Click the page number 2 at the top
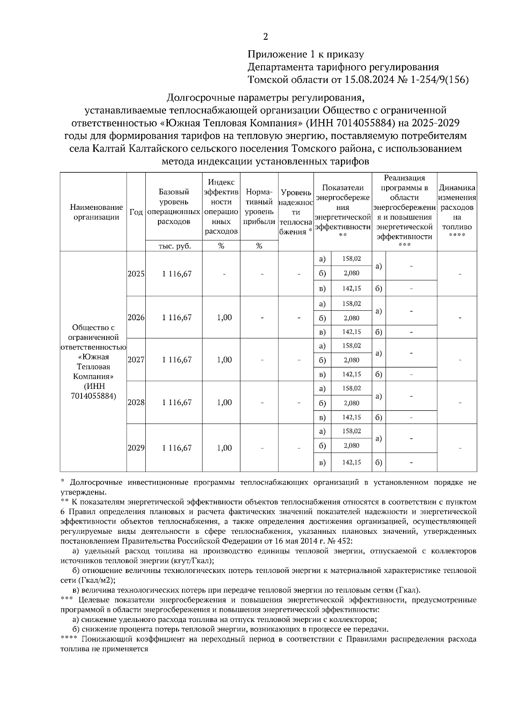(x=265, y=37)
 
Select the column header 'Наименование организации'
(x=96, y=212)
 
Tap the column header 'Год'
(x=136, y=212)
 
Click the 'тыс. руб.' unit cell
(x=174, y=246)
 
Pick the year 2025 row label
(x=136, y=274)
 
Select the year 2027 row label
(x=136, y=360)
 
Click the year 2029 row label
(x=136, y=448)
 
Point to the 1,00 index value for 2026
(x=224, y=318)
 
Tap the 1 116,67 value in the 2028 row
(x=177, y=402)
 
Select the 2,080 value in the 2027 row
(x=352, y=360)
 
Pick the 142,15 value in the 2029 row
(x=352, y=462)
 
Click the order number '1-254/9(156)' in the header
(x=439, y=80)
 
